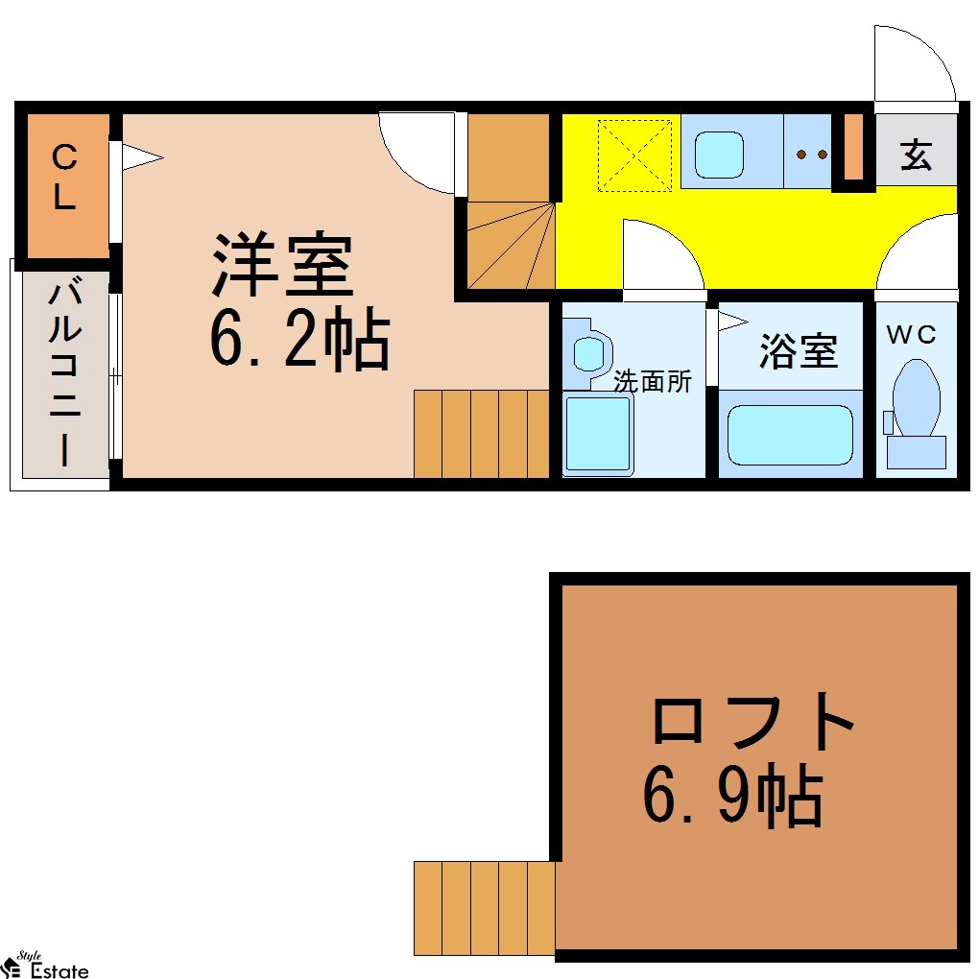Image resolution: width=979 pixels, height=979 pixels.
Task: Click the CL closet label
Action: point(64,177)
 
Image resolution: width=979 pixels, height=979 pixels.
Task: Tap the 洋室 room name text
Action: point(282,264)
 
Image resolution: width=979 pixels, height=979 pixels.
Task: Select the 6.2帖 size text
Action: point(299,339)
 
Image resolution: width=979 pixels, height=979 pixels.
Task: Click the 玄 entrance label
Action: point(916,155)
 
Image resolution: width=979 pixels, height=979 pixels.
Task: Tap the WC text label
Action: point(911,335)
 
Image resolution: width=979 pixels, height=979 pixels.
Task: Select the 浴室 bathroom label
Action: point(798,351)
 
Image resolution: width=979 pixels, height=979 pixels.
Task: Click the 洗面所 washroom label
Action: point(653,381)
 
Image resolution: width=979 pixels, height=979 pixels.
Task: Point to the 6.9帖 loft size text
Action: point(732,795)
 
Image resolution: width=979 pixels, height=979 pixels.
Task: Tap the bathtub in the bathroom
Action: point(791,435)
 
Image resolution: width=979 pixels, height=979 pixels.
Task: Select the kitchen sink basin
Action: point(719,155)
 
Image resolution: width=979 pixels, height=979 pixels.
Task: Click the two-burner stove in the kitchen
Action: point(811,155)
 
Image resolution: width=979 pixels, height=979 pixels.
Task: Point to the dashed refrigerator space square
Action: point(635,155)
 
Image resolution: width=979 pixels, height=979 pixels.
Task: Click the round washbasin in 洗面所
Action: point(587,354)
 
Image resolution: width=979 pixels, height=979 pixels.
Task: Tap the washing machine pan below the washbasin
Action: point(598,433)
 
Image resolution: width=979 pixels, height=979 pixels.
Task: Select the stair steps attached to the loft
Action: point(485,908)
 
